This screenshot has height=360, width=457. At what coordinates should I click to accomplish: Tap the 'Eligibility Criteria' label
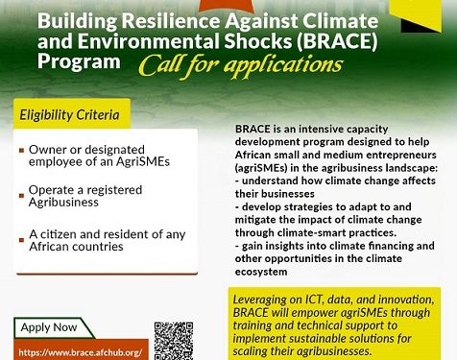(x=70, y=115)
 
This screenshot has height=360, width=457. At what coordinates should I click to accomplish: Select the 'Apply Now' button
(x=49, y=327)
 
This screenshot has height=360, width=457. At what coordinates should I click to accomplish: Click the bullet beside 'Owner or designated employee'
(x=21, y=152)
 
